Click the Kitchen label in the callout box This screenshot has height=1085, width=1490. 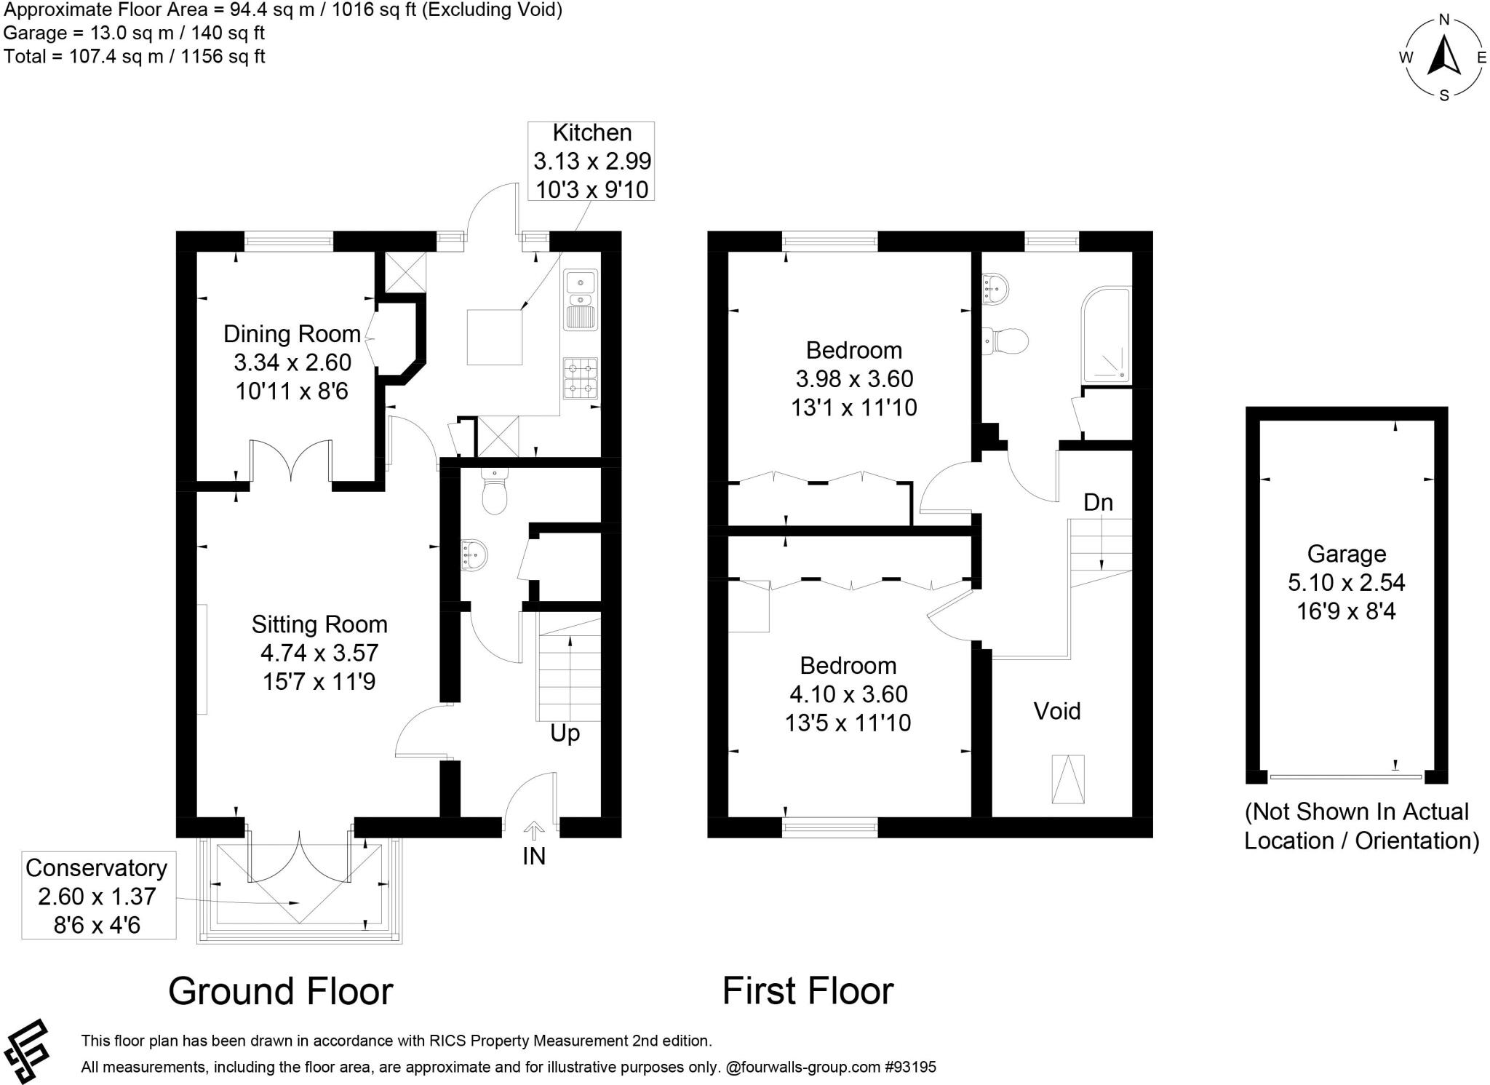coord(591,133)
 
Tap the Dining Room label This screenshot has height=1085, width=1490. coord(292,334)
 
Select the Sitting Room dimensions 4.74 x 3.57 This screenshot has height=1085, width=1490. coord(319,653)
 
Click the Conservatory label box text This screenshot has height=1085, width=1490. coord(96,868)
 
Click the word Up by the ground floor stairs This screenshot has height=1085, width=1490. coord(565,733)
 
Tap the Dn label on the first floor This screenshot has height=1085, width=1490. coord(1098,502)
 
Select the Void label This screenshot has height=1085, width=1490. coord(1057,711)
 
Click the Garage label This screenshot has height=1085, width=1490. coord(1346,554)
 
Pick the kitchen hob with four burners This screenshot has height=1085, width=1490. coord(580,378)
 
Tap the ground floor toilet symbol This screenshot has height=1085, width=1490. coord(494,495)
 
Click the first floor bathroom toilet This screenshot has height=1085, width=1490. coord(1008,340)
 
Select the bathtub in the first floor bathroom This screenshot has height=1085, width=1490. coord(1106,335)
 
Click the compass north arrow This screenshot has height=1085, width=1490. coord(1443,56)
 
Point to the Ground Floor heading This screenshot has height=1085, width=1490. coord(281,991)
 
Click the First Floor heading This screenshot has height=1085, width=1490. coord(808,991)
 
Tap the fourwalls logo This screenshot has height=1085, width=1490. coord(27,1051)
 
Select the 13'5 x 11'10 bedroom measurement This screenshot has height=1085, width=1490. coord(848,723)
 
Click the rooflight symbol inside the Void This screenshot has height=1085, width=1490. coord(1067,779)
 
